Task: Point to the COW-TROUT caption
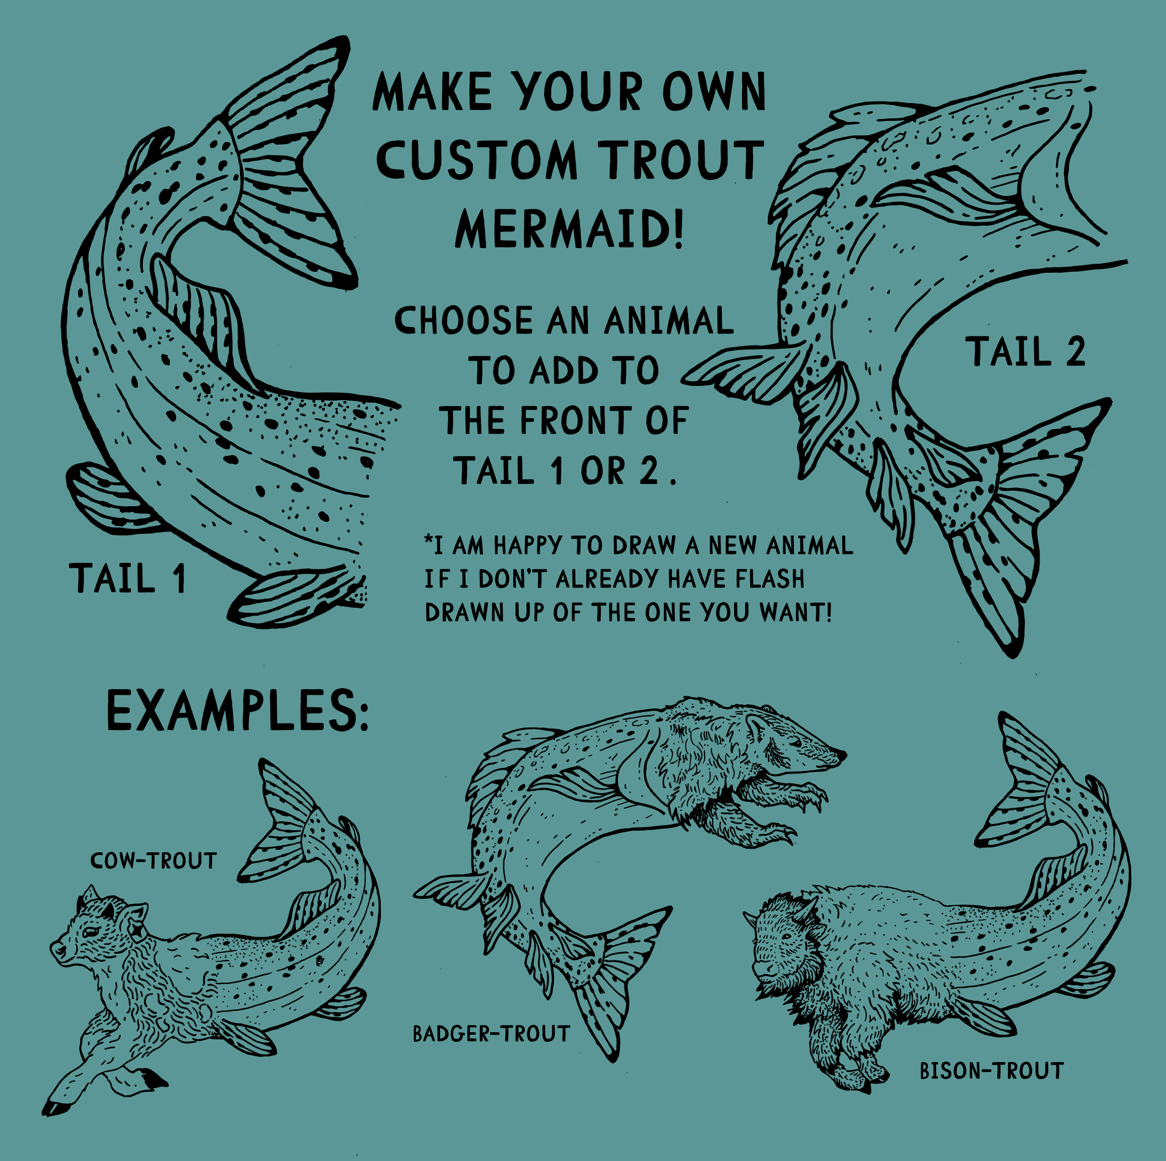point(153,861)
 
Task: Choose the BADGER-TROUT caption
point(491,1034)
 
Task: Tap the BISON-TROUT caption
point(992,1071)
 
